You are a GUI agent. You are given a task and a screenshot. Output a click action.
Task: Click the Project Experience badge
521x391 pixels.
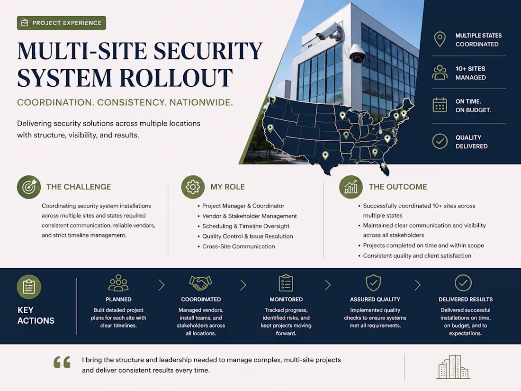(62, 23)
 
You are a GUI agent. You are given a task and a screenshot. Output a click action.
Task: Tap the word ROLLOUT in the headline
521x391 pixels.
(176, 78)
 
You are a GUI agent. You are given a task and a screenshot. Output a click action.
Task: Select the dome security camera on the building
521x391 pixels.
(357, 54)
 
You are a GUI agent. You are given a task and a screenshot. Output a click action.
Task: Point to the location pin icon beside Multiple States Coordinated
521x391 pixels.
(440, 39)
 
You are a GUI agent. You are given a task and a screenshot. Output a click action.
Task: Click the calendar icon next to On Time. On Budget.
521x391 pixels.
(440, 105)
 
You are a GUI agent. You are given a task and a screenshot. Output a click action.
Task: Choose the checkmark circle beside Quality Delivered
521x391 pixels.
(440, 141)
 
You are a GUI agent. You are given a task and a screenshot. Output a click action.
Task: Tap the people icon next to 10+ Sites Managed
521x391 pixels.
(440, 73)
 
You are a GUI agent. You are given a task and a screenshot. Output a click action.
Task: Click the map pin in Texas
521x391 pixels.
(325, 155)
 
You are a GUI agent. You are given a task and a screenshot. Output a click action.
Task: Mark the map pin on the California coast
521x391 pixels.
(270, 128)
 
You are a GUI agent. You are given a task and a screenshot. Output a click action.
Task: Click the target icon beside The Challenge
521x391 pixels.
(29, 187)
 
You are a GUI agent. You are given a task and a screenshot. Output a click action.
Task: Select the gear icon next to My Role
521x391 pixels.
(193, 187)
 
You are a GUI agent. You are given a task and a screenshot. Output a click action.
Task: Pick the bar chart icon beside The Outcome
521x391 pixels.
(351, 187)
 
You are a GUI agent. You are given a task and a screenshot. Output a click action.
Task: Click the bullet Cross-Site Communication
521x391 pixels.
(239, 246)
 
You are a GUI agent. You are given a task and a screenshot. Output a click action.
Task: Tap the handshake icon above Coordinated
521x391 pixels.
(201, 283)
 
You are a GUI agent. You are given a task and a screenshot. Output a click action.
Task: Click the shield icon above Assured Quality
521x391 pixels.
(374, 282)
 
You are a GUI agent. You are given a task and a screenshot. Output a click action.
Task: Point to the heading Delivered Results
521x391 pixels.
(466, 299)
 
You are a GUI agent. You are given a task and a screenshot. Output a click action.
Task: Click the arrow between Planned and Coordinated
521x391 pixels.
(162, 285)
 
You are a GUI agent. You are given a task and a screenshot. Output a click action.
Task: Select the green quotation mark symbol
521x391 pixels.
(62, 362)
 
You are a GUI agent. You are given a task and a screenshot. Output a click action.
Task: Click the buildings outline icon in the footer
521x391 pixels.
(453, 367)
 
